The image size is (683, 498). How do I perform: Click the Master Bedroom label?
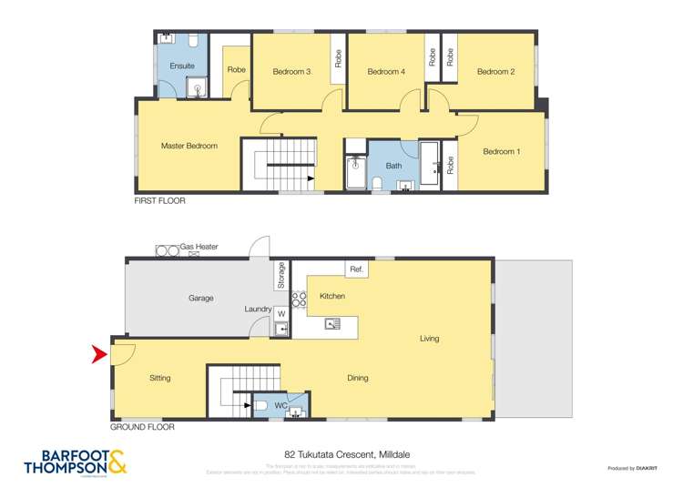(189, 146)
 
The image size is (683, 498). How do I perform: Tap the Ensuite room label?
(182, 66)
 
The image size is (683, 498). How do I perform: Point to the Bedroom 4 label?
(385, 71)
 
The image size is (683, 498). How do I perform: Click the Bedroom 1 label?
(501, 151)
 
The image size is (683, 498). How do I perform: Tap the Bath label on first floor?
(393, 166)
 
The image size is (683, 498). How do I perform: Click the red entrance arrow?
(100, 354)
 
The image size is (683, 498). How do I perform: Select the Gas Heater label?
(199, 247)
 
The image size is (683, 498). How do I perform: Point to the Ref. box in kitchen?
(357, 269)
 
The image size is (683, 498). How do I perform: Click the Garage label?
(201, 298)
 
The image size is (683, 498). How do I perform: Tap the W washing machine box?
(280, 314)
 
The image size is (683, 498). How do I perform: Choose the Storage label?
(281, 275)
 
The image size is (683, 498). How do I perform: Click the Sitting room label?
(159, 378)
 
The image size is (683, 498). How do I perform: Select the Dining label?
(357, 378)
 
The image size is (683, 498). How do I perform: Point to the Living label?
(429, 339)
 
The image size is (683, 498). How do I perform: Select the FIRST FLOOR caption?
(159, 200)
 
